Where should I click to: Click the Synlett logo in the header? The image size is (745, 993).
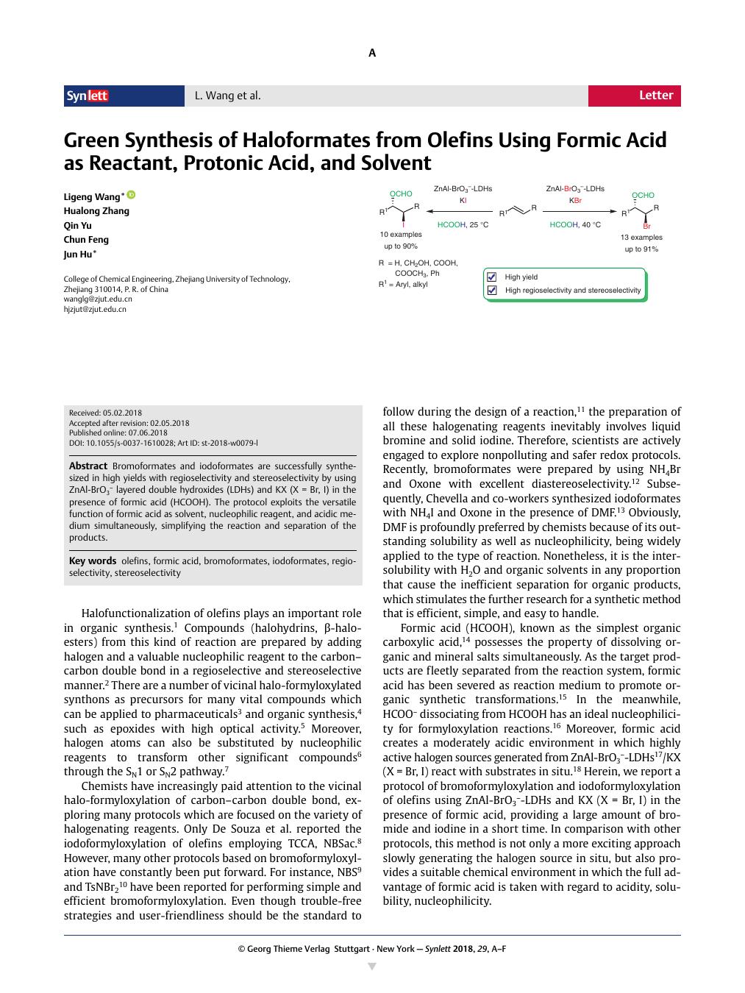[88, 96]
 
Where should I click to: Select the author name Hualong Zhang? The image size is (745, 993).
[96, 211]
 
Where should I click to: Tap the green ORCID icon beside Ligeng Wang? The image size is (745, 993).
[132, 195]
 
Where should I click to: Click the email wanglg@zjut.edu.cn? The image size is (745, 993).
[98, 299]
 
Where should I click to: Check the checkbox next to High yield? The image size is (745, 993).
[492, 277]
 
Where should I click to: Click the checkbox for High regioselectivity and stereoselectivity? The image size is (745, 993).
[492, 291]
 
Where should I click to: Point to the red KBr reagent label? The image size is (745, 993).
[575, 200]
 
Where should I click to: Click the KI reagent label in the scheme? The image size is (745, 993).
[463, 200]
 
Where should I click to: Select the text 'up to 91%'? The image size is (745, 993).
[641, 249]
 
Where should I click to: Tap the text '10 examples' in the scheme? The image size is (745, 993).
[401, 235]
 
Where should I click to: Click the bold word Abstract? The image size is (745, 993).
[88, 466]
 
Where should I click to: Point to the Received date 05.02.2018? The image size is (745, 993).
[105, 413]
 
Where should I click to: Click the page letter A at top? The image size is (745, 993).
[372, 53]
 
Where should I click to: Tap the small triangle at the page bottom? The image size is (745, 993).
[372, 966]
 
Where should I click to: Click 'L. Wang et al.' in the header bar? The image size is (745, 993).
[227, 96]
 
